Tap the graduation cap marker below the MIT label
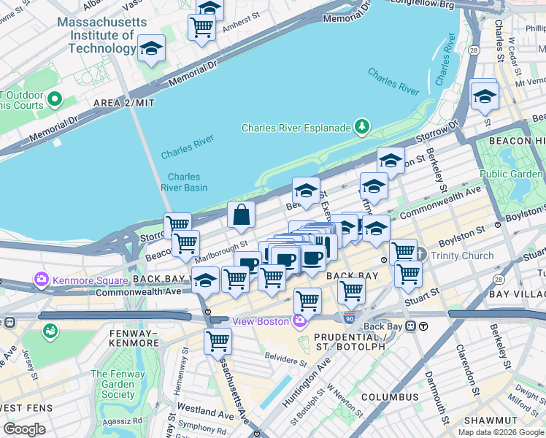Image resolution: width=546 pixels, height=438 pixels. point(151,49)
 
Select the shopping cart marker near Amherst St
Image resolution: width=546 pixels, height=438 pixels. point(201,28)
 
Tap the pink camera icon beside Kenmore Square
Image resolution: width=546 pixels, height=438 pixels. point(41,280)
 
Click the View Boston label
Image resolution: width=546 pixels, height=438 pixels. point(261,321)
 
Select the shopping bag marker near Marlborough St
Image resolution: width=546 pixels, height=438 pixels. point(242,215)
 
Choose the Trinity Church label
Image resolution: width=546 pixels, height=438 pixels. point(462,255)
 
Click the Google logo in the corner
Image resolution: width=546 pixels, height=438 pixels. point(25,429)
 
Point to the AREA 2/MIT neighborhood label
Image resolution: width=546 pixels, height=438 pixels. point(124,103)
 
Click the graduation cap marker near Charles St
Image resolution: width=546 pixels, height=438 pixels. point(484,96)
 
